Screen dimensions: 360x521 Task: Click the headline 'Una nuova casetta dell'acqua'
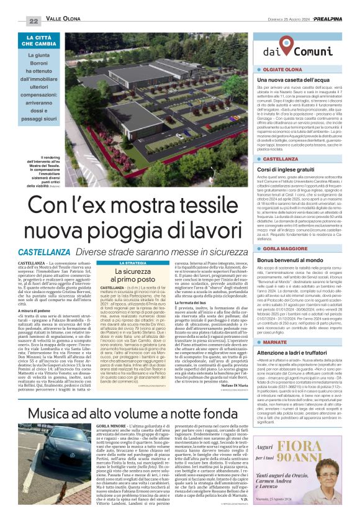(284, 80)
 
